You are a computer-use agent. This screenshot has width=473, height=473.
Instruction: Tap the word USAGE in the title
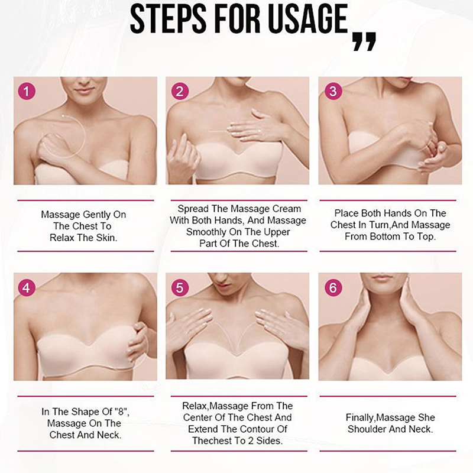coord(308,20)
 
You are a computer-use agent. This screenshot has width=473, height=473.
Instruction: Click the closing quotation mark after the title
coord(364,41)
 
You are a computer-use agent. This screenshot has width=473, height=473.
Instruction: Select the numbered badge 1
coord(27,91)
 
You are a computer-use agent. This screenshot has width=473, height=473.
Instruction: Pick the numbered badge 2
coord(180,91)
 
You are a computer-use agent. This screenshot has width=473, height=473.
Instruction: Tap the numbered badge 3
coord(333,91)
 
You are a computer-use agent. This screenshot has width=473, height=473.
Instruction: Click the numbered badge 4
coord(27,287)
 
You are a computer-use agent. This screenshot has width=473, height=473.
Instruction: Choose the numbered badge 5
coord(180,287)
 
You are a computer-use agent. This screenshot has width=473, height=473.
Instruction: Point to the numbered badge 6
coord(333,287)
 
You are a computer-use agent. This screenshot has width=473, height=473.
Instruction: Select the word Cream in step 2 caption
coord(287,209)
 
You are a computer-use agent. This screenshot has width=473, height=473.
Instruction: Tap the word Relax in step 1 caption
coord(62,238)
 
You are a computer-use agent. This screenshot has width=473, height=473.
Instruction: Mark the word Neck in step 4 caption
coord(111,435)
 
